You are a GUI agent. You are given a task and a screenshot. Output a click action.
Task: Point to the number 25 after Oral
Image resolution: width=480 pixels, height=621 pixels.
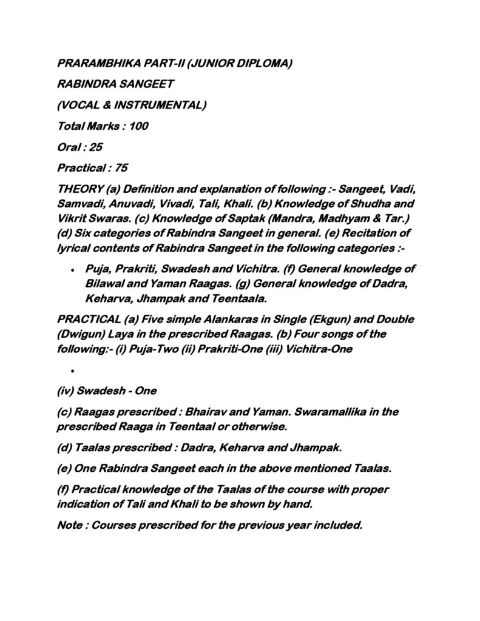pyautogui.click(x=96, y=147)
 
